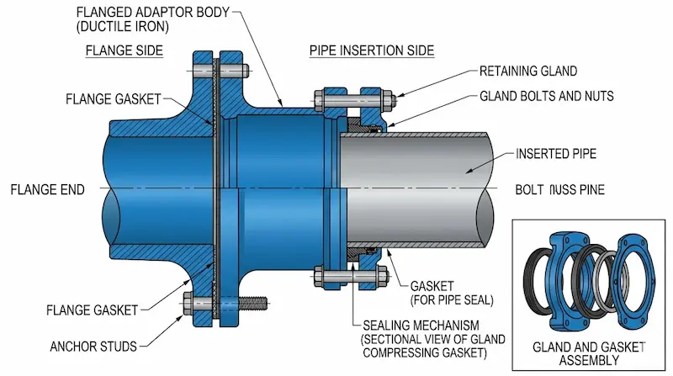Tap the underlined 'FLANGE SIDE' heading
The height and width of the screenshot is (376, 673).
point(125,50)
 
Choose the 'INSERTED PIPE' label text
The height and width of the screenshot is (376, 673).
point(555,155)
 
